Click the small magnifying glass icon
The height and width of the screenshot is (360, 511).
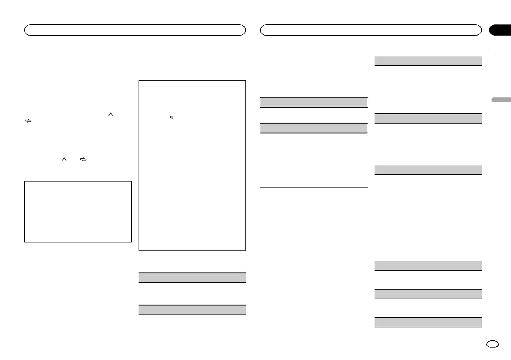coord(171,118)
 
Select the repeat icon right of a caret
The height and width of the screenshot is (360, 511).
coord(83,159)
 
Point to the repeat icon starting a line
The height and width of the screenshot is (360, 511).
coord(28,121)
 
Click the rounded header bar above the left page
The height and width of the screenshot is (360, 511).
coord(135,30)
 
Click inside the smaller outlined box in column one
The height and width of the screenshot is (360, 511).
coord(78,212)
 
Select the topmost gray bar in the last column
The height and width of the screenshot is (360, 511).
coord(428,61)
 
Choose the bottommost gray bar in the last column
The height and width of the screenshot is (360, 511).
coord(428,322)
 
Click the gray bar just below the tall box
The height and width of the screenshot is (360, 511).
coord(192,277)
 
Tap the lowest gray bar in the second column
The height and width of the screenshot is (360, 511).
coord(192,310)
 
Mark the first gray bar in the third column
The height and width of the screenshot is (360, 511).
coord(314,102)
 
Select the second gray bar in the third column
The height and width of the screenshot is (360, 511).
coord(314,128)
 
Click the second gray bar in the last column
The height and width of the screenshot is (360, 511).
coord(428,118)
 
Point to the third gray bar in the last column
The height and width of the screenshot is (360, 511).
coord(428,169)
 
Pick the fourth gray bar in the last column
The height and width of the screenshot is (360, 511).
coord(428,266)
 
